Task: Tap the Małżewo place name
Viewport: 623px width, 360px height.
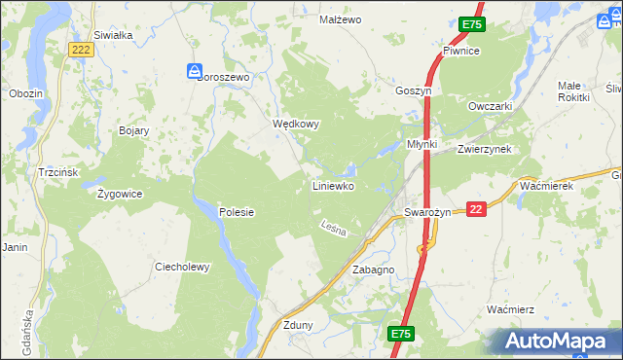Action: tap(341, 19)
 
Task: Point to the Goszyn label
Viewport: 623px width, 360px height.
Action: tap(413, 90)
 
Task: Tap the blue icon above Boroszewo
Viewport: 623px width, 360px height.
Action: tap(195, 70)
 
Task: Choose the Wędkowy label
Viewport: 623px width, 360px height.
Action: tap(296, 125)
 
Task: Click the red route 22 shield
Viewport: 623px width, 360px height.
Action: tap(475, 209)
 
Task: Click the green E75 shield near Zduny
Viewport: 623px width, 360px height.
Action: tap(401, 334)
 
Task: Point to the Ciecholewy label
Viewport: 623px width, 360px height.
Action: tap(183, 267)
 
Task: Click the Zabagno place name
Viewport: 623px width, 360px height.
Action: tap(373, 270)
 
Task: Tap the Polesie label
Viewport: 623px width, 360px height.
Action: tap(236, 211)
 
